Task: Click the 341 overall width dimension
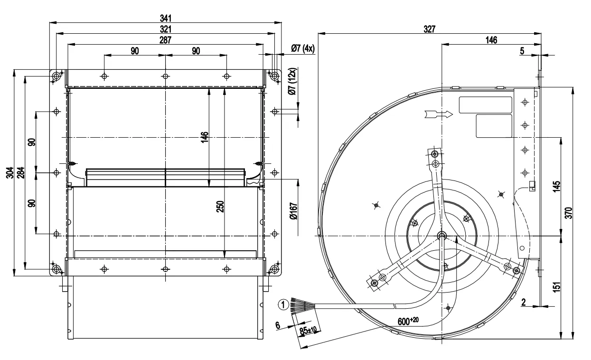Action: [165, 18]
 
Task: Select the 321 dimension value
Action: [165, 29]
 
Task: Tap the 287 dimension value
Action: [165, 40]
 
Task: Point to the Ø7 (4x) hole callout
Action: [303, 48]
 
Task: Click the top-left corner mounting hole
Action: [57, 76]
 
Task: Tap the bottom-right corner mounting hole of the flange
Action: [274, 270]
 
